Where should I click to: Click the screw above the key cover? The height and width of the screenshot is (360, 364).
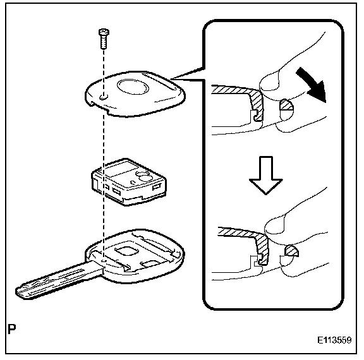[104, 39]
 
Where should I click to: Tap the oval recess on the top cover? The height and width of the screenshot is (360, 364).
[133, 87]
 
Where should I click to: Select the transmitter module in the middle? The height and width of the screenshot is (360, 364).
[129, 182]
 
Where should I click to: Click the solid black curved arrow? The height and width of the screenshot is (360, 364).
[312, 84]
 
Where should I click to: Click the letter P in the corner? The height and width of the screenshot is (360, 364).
[12, 329]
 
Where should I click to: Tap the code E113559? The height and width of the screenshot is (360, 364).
[334, 340]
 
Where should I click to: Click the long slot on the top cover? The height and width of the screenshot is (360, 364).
[159, 81]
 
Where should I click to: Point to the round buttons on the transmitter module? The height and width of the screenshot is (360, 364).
[143, 176]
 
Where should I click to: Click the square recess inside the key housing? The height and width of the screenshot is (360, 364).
[126, 251]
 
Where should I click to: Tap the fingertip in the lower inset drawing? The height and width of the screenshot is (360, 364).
[275, 225]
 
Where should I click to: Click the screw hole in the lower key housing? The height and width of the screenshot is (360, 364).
[104, 261]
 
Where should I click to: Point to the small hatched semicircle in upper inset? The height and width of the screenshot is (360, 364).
[287, 105]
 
